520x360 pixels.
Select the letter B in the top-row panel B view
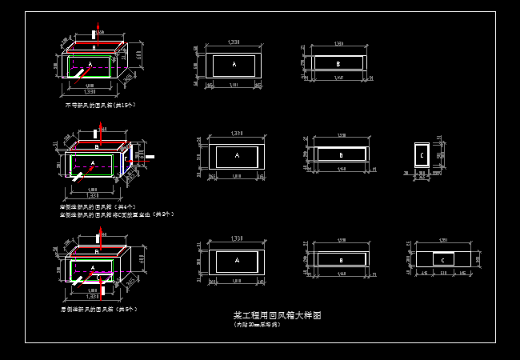[x=338, y=62]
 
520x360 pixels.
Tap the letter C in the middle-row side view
[x=422, y=154]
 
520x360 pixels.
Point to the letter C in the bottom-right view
[x=442, y=260]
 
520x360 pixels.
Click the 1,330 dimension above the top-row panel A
[x=235, y=41]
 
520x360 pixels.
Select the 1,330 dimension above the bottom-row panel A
[x=235, y=238]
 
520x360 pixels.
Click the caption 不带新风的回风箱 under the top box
[x=98, y=105]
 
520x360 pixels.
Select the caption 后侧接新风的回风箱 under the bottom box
[x=98, y=309]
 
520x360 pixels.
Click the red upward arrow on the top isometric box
[x=97, y=31]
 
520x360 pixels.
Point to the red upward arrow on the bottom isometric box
[x=98, y=238]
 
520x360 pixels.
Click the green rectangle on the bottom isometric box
[x=90, y=263]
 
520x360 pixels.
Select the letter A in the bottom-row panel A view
[x=235, y=261]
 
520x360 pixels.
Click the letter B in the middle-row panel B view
[x=340, y=155]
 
